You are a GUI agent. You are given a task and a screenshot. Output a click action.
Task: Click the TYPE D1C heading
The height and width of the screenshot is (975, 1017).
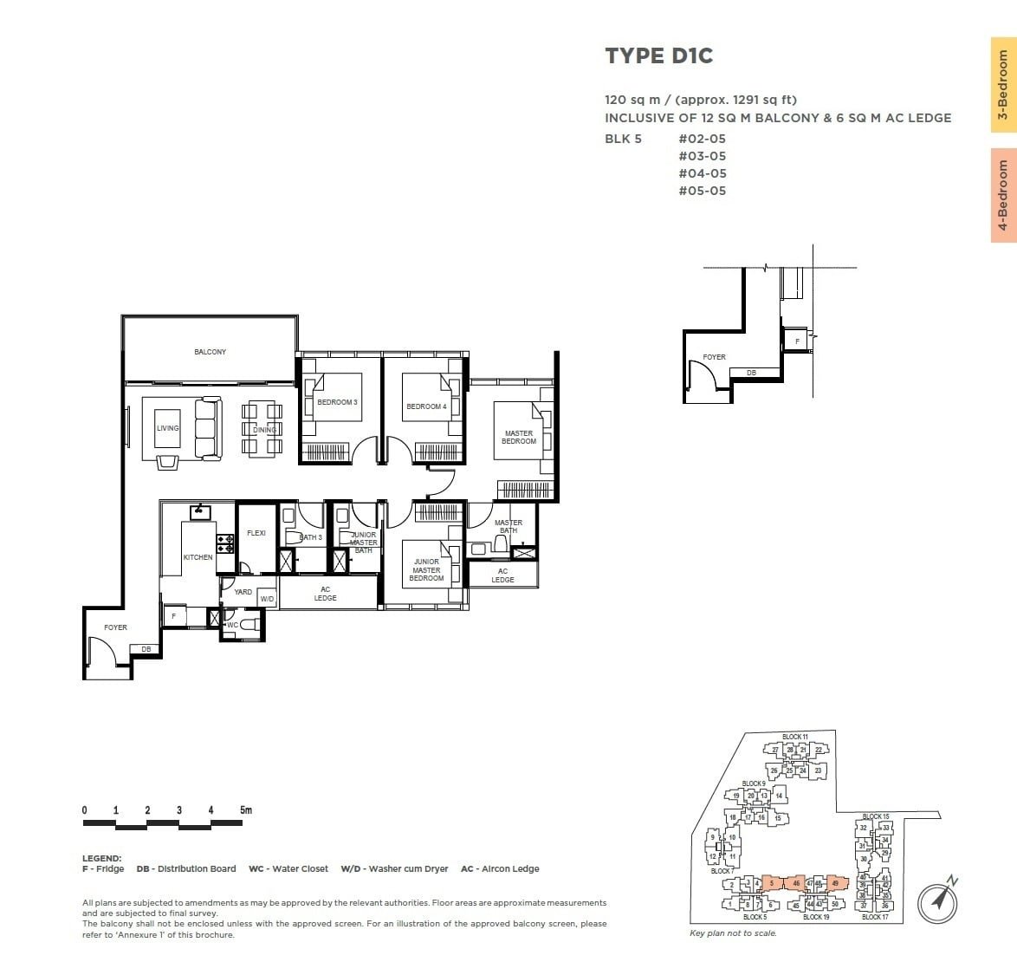(658, 56)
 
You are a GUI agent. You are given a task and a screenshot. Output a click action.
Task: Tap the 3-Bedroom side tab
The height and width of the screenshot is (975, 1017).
(1003, 85)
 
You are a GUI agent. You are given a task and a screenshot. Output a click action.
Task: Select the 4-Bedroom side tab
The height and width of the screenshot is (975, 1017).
(1003, 195)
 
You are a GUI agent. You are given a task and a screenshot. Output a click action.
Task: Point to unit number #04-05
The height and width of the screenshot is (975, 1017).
(702, 173)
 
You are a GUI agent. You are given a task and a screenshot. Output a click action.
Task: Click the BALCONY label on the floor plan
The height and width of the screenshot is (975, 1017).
(210, 352)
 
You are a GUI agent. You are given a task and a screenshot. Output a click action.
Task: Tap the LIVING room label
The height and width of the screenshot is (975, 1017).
(167, 428)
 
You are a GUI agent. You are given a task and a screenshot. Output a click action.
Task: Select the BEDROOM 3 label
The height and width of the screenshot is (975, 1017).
(337, 402)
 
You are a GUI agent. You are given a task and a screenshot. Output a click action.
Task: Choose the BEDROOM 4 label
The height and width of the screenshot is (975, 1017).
(426, 406)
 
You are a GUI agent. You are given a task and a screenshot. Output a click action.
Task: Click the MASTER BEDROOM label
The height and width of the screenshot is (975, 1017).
(519, 438)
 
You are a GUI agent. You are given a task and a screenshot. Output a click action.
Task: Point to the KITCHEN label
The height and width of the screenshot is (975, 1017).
(198, 557)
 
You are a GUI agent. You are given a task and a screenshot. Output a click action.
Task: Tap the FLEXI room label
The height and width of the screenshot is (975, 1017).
(256, 533)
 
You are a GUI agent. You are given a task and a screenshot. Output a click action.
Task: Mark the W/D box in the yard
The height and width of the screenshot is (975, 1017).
(267, 599)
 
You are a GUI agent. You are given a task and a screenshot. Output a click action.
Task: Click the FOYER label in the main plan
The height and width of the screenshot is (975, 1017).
(115, 627)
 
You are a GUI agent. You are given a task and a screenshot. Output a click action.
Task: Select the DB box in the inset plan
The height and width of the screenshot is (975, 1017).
(751, 373)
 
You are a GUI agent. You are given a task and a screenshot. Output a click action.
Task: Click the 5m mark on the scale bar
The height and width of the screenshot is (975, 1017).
(246, 810)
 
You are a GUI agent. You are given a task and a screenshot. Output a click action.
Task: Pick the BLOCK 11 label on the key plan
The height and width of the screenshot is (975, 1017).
(794, 737)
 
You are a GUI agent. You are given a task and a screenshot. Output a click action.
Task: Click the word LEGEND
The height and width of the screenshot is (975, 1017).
(101, 858)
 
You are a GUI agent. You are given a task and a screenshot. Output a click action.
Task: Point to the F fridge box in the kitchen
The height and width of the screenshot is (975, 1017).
(174, 616)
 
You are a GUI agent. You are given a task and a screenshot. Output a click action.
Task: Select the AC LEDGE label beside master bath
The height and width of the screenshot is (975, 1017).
(502, 575)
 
